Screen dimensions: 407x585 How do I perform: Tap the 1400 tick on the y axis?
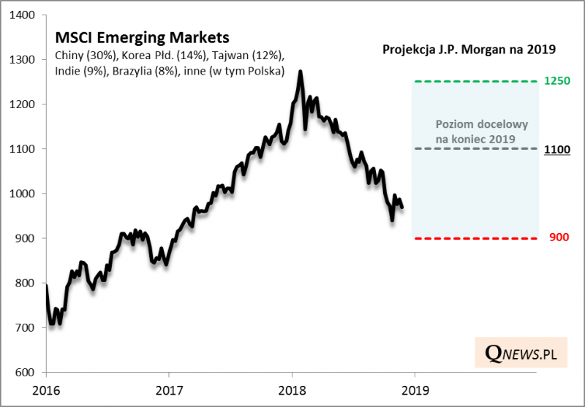coord(28,15)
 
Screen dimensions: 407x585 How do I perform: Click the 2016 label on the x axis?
coord(45,390)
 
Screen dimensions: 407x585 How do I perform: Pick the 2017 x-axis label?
coord(169,390)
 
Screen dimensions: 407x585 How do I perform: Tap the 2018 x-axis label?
coord(292,390)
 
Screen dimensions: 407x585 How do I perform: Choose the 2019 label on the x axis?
coord(415,390)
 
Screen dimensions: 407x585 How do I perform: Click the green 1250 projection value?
coord(557,80)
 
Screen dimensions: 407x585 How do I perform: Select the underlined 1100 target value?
coord(557,149)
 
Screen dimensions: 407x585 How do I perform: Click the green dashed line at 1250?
coord(475,81)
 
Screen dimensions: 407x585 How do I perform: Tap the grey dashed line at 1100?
coord(475,148)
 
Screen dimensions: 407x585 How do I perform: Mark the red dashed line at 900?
coord(475,238)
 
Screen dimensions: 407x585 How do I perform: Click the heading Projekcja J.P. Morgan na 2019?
coord(469,50)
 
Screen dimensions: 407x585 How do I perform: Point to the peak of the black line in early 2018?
coord(301,72)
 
